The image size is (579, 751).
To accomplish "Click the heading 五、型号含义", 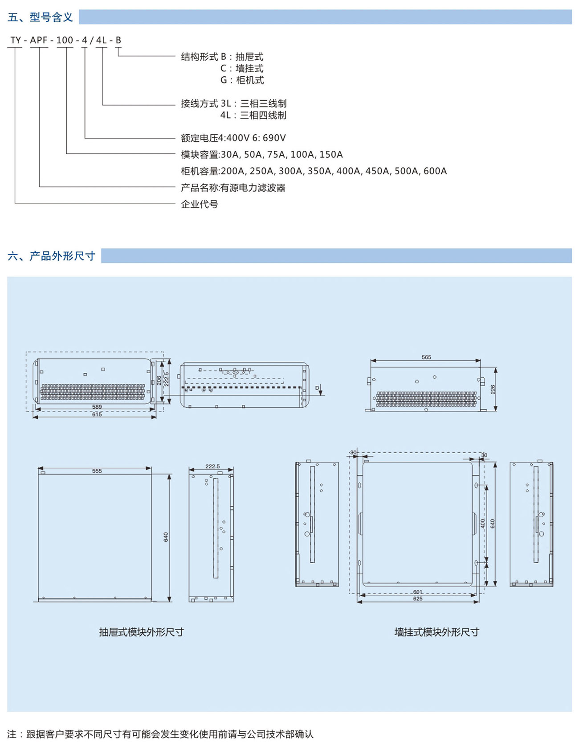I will (x=40, y=17).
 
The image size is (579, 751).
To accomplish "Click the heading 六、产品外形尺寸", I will (x=51, y=256).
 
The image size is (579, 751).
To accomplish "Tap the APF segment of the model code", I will (x=39, y=40).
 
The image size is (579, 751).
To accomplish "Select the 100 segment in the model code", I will (x=65, y=40).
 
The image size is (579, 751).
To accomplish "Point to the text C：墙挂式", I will (x=242, y=69).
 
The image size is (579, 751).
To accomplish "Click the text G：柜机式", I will (x=242, y=80).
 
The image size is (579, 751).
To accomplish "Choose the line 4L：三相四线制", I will (x=253, y=115).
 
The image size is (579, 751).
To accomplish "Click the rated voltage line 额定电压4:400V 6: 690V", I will (x=233, y=138).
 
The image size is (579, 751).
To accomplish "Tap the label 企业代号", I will (x=200, y=204).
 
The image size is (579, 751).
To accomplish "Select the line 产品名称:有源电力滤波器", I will (x=233, y=188).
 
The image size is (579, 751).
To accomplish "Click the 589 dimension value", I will (x=97, y=407).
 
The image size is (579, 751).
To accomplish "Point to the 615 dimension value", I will (x=97, y=414).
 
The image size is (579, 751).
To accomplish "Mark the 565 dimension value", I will (x=426, y=357).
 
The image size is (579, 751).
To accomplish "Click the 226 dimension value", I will (x=493, y=389).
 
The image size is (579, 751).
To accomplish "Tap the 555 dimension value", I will (x=97, y=471).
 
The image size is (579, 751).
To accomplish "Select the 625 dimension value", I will (x=418, y=599).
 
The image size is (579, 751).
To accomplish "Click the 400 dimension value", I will (x=483, y=523).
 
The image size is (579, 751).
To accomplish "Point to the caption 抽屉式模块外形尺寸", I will (x=141, y=632).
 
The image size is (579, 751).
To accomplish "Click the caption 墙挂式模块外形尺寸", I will (x=436, y=632).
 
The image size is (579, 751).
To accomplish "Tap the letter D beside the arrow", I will (x=317, y=388).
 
